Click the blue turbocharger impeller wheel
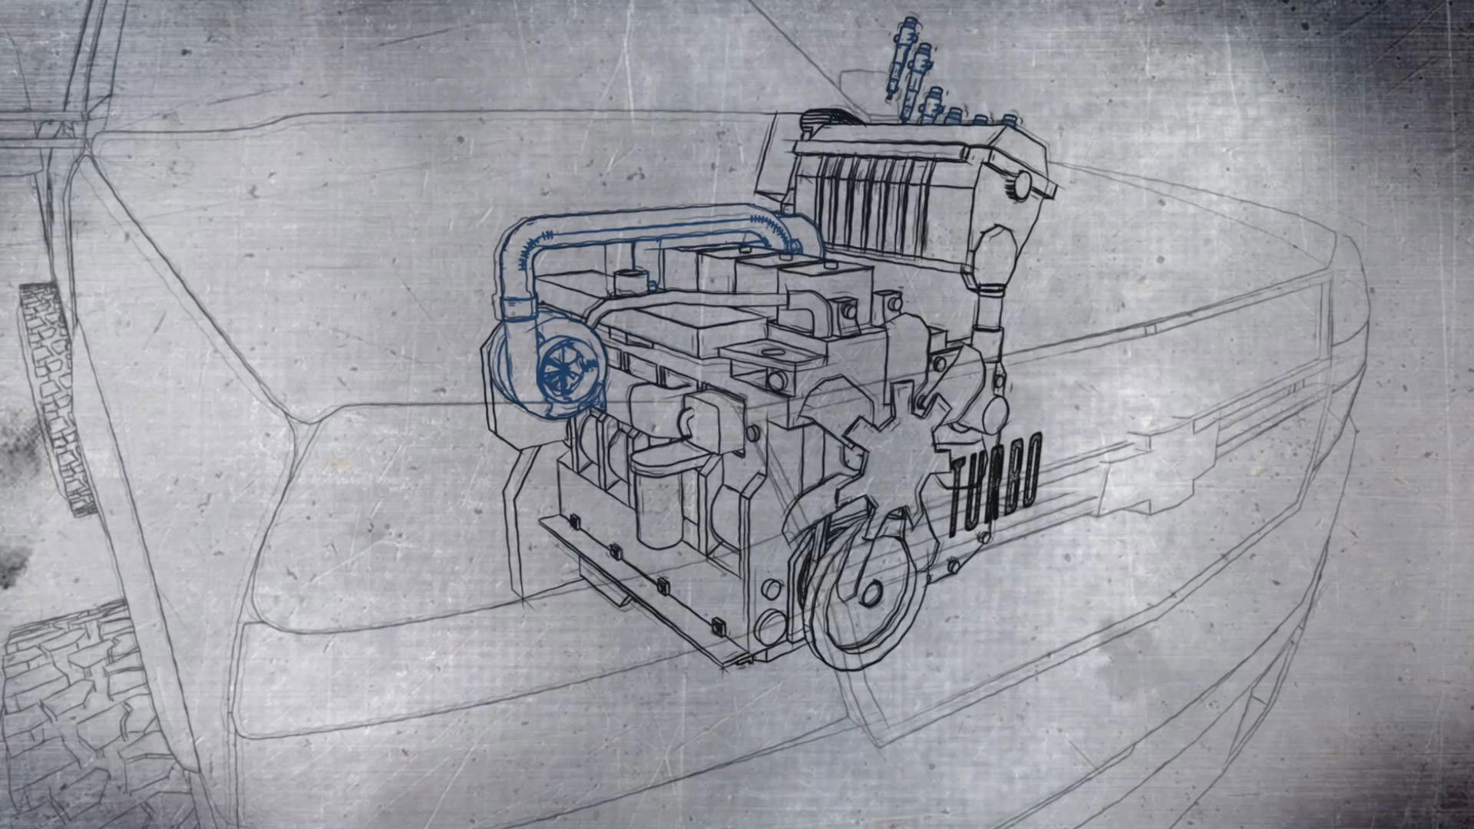pyautogui.click(x=560, y=373)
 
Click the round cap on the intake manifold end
pyautogui.click(x=1022, y=183)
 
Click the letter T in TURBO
pyautogui.click(x=959, y=499)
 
